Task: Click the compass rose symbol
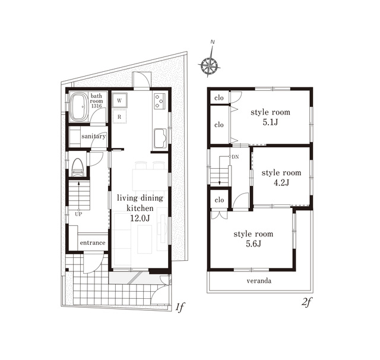pos(209,65)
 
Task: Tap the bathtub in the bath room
pos(79,107)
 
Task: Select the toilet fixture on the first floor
pos(78,167)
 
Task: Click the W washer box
pos(119,100)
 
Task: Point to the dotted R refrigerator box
pos(119,116)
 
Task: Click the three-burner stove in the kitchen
pos(159,101)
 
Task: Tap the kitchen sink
pos(160,138)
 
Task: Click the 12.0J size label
pos(140,218)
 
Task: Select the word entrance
pos(93,242)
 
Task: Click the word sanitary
pos(94,136)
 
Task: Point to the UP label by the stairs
pos(78,214)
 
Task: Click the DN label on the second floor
pos(235,157)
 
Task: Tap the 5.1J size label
pos(270,122)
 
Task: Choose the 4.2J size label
pos(281,182)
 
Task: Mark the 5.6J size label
pos(254,244)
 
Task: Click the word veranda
pos(259,281)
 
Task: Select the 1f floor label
pos(180,307)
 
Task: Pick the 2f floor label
pos(306,302)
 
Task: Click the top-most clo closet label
pos(219,97)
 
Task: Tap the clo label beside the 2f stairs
pos(219,200)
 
